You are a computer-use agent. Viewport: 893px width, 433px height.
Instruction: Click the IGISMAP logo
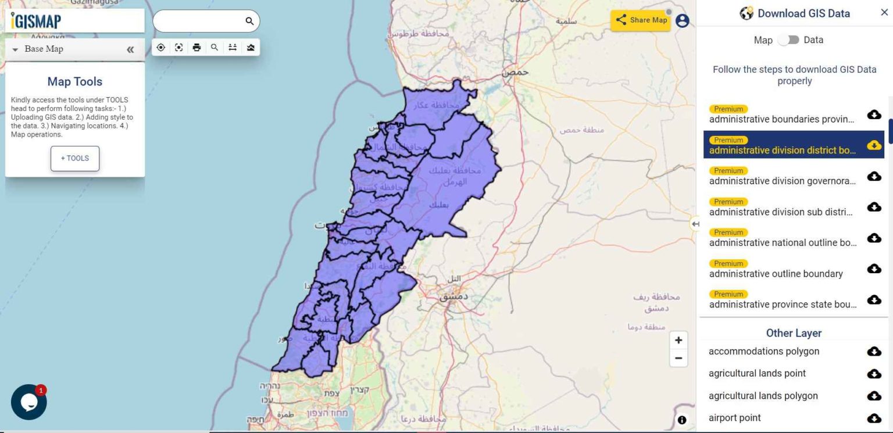pos(36,21)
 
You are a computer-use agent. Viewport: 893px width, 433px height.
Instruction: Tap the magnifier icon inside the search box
pos(249,22)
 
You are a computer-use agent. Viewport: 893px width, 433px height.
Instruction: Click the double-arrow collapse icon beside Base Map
pos(130,49)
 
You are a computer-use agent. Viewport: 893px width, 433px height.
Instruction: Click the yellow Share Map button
pos(641,20)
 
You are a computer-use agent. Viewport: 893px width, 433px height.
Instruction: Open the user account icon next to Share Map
pos(682,21)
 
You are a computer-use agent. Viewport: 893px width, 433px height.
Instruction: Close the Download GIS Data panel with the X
pos(884,13)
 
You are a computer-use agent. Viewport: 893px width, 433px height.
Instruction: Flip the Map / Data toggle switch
pos(788,40)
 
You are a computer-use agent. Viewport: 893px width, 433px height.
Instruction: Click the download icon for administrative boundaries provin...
pos(874,114)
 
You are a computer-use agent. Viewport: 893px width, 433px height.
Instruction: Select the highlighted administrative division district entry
pos(782,151)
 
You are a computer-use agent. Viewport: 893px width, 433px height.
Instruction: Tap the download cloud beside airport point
pos(874,418)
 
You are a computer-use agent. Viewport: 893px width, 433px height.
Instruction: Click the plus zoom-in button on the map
pos(678,341)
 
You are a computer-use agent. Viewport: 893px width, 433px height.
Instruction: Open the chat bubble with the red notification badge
pos(28,402)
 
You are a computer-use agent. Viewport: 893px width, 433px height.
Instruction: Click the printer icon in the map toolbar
pos(197,48)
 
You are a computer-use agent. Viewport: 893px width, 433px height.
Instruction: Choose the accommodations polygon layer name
pos(763,351)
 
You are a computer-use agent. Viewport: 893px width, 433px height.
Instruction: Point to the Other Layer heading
pos(794,333)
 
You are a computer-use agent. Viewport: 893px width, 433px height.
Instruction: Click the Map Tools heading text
pos(75,82)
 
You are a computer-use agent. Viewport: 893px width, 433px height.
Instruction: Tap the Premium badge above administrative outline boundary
pos(728,263)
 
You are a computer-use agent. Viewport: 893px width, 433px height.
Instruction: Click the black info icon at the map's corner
pos(682,420)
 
